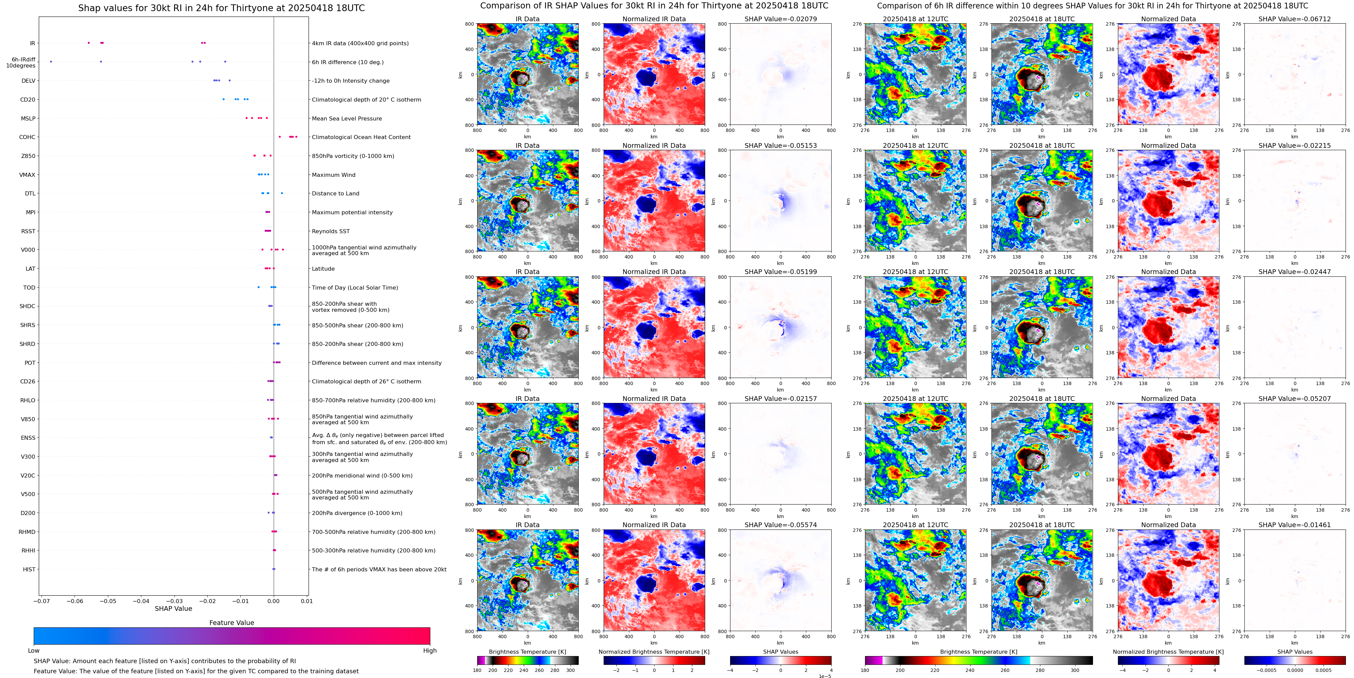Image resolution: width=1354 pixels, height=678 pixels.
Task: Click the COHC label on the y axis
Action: coord(27,137)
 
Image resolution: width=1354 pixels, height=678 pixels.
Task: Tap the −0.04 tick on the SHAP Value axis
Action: coord(141,601)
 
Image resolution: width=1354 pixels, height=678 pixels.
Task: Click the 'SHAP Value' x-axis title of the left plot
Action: coord(173,608)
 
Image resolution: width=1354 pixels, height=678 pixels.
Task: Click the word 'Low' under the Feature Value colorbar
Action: coord(34,651)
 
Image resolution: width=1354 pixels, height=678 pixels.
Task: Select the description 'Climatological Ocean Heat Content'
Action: coord(361,137)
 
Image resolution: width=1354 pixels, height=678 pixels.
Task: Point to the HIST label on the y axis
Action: coord(29,569)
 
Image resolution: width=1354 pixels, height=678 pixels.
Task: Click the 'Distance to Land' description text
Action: coord(335,194)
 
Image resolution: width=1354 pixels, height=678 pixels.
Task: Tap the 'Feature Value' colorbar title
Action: coord(231,623)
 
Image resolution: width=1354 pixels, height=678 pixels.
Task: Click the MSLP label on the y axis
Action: coord(28,118)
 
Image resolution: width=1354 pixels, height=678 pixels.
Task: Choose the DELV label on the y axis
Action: coord(28,81)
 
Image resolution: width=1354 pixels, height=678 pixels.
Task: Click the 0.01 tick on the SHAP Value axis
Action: coord(307,601)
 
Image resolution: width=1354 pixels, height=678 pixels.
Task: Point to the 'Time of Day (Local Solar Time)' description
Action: coord(355,288)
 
